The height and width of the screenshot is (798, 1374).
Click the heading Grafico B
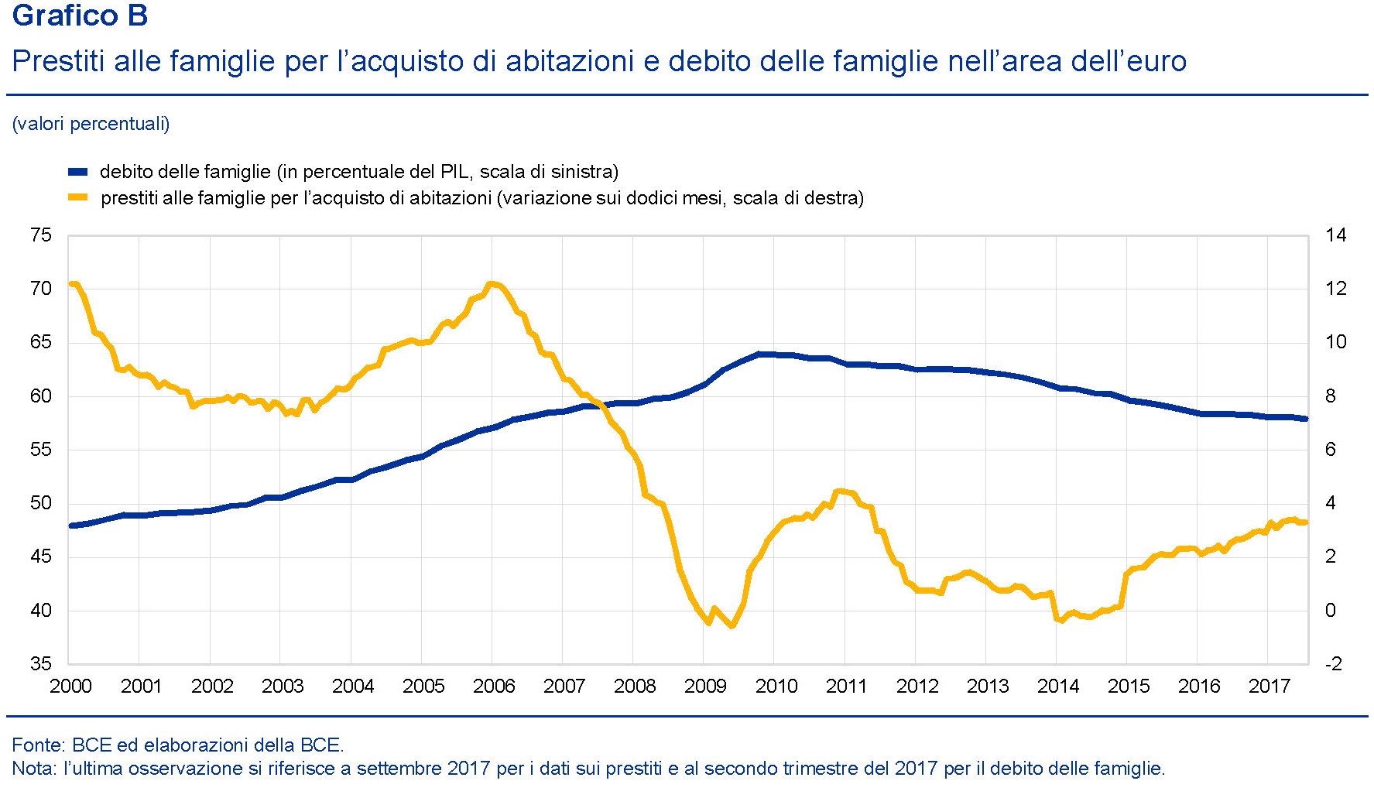pos(80,15)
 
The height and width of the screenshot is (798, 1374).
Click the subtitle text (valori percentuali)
pos(91,124)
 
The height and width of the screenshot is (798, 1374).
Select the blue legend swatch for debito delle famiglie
pos(77,172)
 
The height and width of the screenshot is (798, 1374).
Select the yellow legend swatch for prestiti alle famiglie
pos(77,198)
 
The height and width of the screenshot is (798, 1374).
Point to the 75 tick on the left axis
pos(41,235)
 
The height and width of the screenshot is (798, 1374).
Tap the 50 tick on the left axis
pos(41,503)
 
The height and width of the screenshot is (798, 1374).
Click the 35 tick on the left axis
pos(41,664)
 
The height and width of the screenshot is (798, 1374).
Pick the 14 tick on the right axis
pos(1335,235)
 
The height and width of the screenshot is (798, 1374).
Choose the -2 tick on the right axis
pos(1334,664)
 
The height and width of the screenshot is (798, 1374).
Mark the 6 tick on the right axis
pos(1331,450)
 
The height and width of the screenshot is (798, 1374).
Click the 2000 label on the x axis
pos(70,687)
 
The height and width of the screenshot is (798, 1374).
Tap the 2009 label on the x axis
pos(705,687)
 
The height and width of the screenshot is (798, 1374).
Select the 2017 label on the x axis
pos(1269,687)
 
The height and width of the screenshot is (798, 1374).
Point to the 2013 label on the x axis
pos(988,687)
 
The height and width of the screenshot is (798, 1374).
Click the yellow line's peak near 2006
pos(492,284)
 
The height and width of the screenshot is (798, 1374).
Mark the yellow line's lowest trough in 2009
pos(732,625)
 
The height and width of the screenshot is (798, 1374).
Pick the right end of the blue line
pos(1306,419)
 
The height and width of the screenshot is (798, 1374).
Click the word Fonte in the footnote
pos(37,745)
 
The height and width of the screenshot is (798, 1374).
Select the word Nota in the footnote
pos(33,769)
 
